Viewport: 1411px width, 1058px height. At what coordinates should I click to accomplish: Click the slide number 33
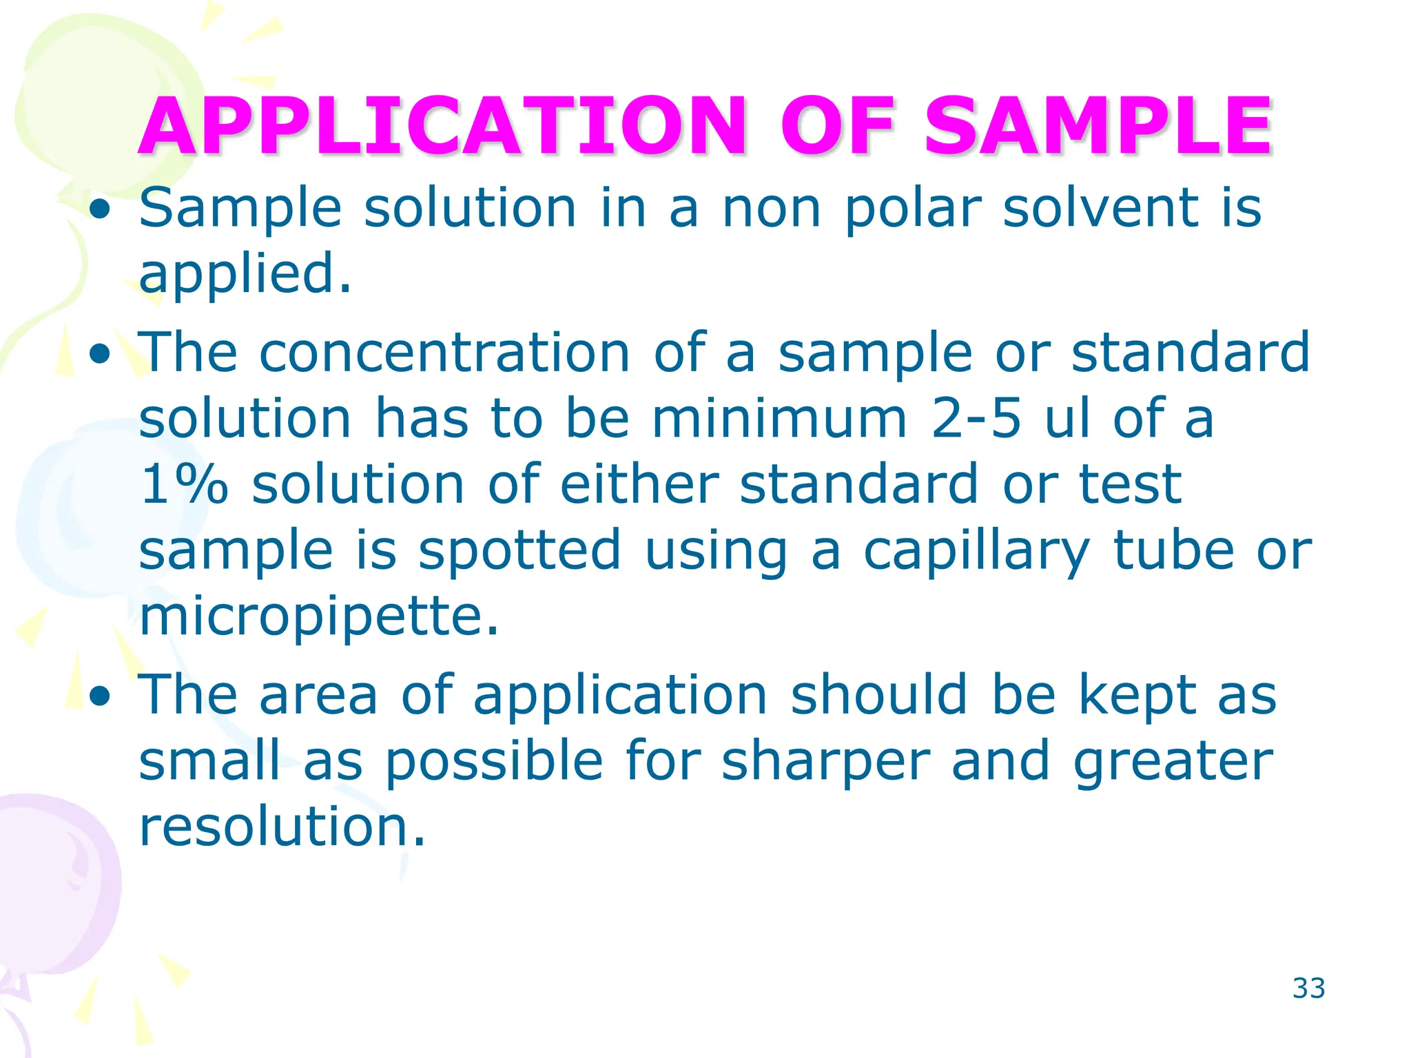tap(1308, 988)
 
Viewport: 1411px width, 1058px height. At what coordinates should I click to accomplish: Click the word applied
tap(245, 274)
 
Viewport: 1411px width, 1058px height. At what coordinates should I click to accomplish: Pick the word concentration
tap(444, 352)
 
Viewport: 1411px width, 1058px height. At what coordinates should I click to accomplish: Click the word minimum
tap(779, 418)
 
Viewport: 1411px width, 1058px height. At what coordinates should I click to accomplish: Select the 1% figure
tap(183, 484)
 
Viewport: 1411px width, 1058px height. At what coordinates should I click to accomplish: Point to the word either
tap(639, 484)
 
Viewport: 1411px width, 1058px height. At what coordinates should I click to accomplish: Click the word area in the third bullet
tap(318, 695)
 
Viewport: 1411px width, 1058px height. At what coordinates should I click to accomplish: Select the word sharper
tap(825, 763)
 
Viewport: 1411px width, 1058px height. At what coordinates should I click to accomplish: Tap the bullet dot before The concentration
tap(101, 354)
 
